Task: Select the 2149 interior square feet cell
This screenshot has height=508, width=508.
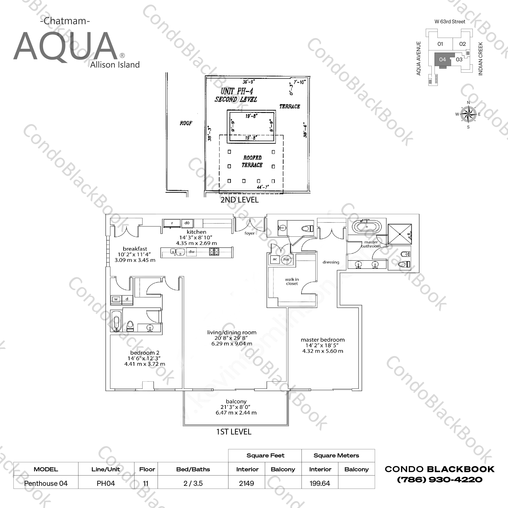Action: (x=247, y=483)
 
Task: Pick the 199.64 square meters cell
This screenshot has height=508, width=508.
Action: (x=320, y=483)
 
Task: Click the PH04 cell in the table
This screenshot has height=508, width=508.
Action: (x=106, y=483)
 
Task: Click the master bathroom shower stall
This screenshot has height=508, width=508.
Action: (x=400, y=234)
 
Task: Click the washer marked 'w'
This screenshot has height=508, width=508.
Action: (x=116, y=299)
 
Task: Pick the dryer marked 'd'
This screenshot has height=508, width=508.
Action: (x=127, y=299)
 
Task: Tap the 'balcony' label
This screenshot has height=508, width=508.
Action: (x=236, y=401)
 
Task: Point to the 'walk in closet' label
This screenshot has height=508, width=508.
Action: (x=292, y=281)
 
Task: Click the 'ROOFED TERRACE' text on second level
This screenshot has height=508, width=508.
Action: (x=252, y=161)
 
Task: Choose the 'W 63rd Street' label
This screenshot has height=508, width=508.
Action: (x=450, y=22)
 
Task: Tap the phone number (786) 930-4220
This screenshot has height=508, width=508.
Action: (x=440, y=480)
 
